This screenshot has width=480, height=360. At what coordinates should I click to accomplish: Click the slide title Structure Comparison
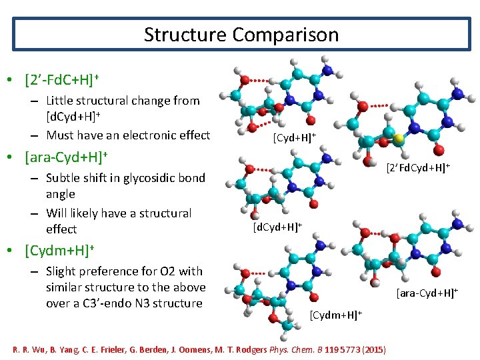(x=241, y=34)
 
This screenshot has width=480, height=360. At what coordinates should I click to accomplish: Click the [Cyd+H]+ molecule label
(x=294, y=137)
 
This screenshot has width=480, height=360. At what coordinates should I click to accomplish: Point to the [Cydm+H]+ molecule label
(x=335, y=313)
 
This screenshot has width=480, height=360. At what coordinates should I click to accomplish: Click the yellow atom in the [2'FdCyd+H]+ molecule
(x=397, y=139)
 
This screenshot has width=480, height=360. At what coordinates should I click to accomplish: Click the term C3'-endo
(x=106, y=303)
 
